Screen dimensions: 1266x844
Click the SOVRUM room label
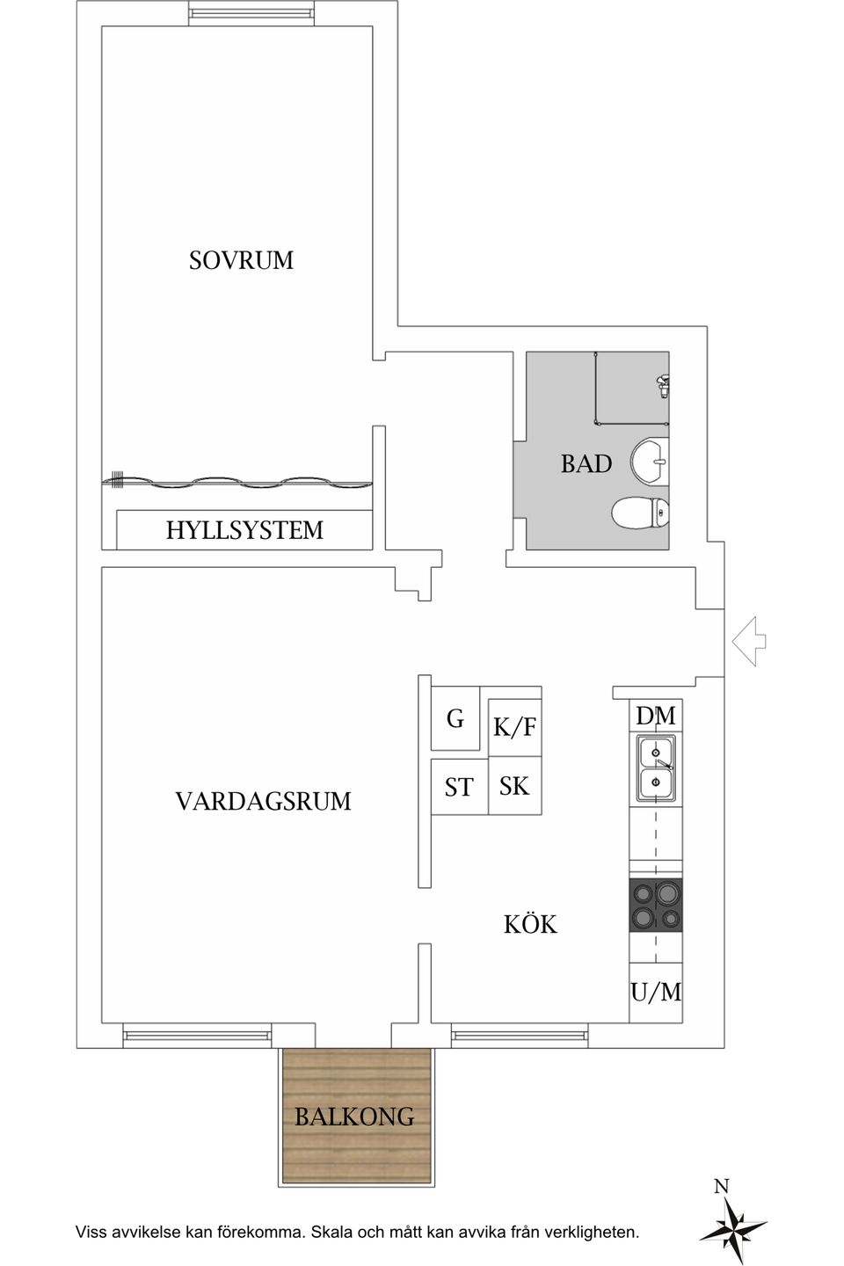(x=241, y=260)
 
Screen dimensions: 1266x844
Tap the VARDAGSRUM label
(x=263, y=801)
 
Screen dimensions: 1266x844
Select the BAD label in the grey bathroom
(x=586, y=464)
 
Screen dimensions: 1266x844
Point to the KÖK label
(x=530, y=924)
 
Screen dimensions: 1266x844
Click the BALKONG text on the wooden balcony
(x=354, y=1117)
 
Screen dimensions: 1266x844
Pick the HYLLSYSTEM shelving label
(x=244, y=530)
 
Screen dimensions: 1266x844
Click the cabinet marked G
(x=455, y=718)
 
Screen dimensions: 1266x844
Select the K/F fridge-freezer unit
(x=514, y=727)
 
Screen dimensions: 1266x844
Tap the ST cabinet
(x=458, y=788)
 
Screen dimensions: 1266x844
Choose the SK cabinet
(x=514, y=785)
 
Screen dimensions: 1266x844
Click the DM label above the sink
(x=656, y=716)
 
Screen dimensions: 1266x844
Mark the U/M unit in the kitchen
(x=656, y=992)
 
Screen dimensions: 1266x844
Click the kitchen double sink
(x=656, y=768)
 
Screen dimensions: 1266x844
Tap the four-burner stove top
(x=656, y=906)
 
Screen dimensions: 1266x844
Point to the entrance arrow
(x=748, y=642)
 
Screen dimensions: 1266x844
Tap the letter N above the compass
(x=721, y=1187)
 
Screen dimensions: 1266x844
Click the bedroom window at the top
(x=250, y=13)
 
